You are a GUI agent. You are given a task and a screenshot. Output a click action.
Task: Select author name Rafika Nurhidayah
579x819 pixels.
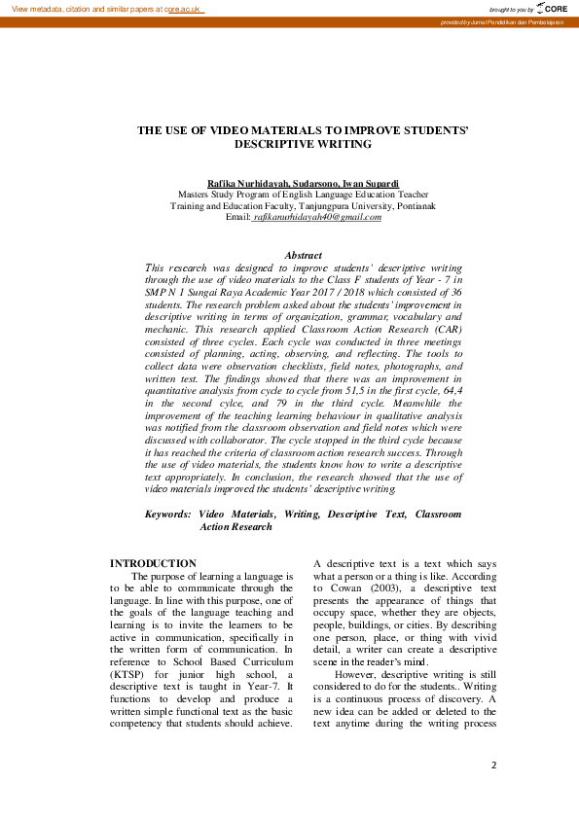tap(248, 183)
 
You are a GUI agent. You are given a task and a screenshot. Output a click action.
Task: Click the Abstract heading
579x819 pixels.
tap(303, 255)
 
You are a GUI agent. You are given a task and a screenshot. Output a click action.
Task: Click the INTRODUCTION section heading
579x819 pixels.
tap(153, 563)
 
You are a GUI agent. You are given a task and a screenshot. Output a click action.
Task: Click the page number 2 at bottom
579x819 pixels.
tap(493, 765)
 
